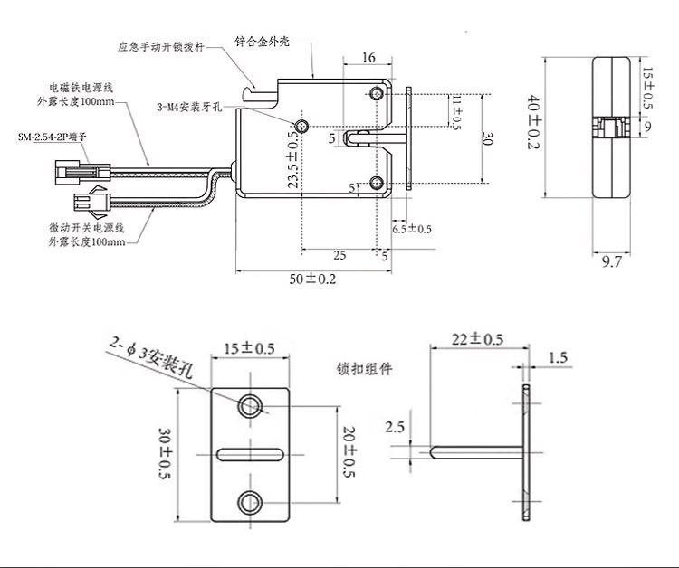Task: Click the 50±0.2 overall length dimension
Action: (x=312, y=279)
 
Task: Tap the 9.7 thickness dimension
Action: (x=612, y=262)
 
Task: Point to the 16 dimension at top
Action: (x=368, y=58)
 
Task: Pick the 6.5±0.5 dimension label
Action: (x=409, y=231)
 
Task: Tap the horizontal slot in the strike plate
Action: (x=251, y=452)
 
